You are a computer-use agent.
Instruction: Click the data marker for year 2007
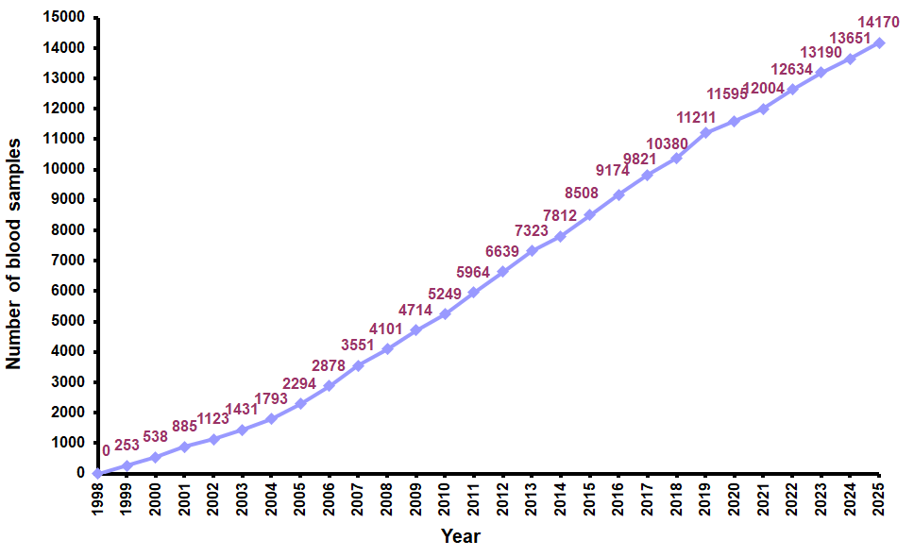[x=358, y=364]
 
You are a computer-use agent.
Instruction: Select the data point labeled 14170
[x=879, y=42]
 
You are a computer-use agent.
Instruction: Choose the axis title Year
[x=461, y=537]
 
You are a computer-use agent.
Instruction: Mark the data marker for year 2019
[x=705, y=132]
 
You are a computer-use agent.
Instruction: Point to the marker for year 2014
[x=561, y=236]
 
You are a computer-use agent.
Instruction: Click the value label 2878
[x=329, y=365]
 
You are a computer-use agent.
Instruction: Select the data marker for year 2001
[x=184, y=447]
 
